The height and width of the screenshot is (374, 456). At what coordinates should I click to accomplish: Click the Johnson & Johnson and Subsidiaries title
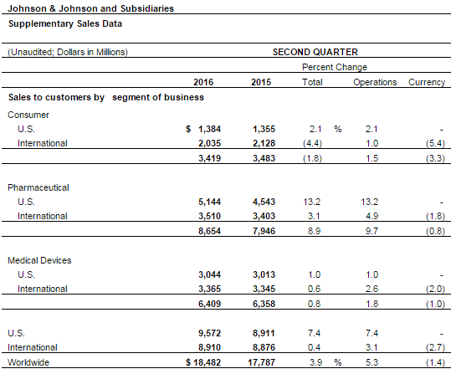(x=90, y=8)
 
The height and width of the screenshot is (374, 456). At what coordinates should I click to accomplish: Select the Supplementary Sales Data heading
(x=65, y=23)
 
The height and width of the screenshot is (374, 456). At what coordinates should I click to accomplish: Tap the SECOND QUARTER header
(x=315, y=52)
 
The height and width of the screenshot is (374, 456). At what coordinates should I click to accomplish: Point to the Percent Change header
(x=335, y=67)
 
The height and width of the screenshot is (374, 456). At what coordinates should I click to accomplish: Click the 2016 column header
(x=203, y=82)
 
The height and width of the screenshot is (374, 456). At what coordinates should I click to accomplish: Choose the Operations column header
(x=375, y=82)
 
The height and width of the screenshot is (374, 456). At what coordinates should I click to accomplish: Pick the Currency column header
(x=427, y=82)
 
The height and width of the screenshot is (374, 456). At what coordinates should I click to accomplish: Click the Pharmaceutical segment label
(x=38, y=187)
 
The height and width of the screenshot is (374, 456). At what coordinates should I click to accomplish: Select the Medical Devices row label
(x=39, y=260)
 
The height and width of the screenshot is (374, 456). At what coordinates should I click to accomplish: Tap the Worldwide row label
(x=28, y=362)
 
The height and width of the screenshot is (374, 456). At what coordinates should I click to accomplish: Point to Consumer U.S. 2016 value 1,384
(x=210, y=129)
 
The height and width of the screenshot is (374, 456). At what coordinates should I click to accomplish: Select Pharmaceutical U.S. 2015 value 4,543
(x=264, y=202)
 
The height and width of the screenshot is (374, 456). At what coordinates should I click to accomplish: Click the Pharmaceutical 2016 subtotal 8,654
(x=210, y=231)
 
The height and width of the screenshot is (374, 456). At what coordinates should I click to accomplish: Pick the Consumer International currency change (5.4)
(x=435, y=143)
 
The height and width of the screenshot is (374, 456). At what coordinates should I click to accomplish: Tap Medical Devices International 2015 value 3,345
(x=264, y=289)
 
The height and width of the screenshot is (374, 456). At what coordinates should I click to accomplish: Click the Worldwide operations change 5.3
(x=372, y=362)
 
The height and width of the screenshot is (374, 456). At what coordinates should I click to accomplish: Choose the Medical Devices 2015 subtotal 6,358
(x=264, y=304)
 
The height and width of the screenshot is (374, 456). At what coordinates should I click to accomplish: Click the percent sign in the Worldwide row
(x=338, y=362)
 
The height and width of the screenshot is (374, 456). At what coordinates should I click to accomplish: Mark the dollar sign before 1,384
(x=188, y=129)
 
